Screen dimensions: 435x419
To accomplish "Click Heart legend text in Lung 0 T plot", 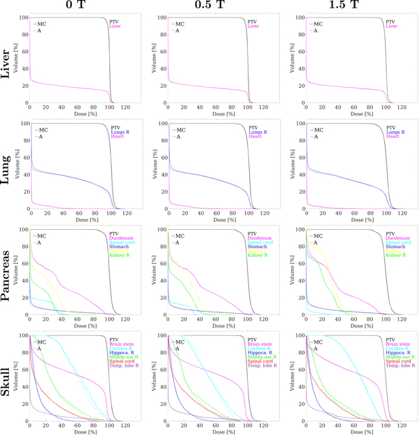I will (120, 137).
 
